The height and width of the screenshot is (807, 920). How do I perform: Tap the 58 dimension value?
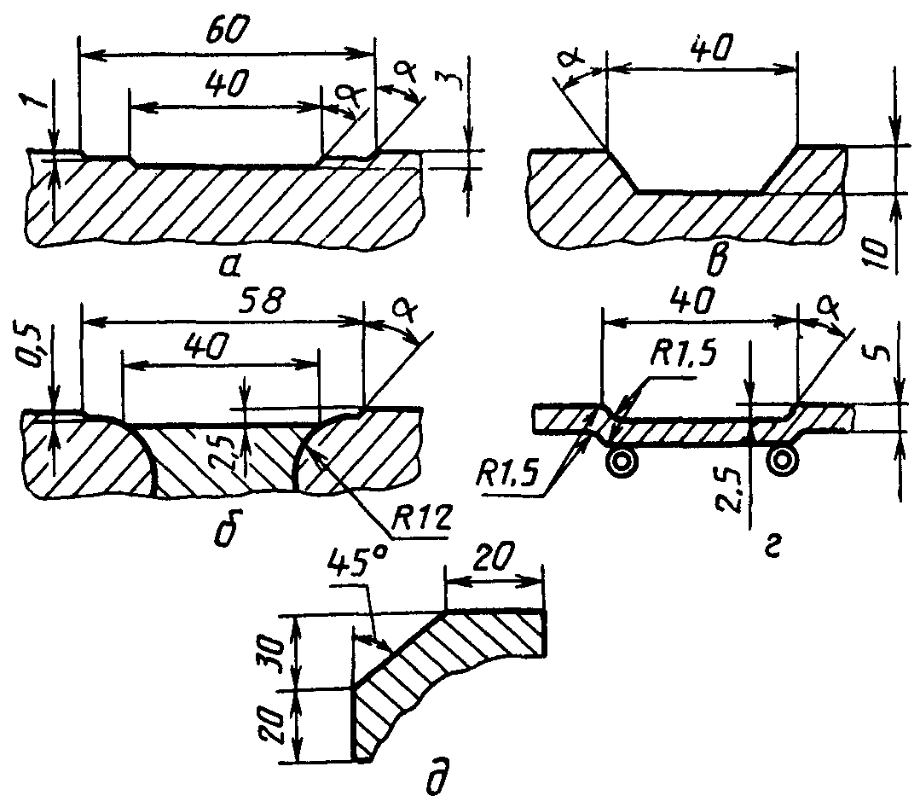coord(263,300)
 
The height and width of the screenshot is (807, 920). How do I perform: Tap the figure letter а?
coord(229,267)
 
